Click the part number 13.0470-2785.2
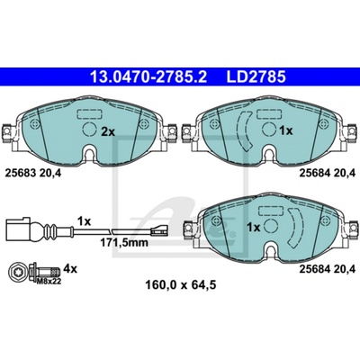[148, 76]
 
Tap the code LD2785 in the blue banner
[256, 76]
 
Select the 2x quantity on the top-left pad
[108, 131]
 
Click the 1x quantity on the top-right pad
[285, 130]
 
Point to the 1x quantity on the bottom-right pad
[254, 228]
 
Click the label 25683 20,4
[33, 173]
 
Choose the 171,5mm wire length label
[124, 242]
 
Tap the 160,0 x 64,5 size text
[181, 284]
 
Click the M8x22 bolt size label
[48, 281]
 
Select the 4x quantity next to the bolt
[71, 269]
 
